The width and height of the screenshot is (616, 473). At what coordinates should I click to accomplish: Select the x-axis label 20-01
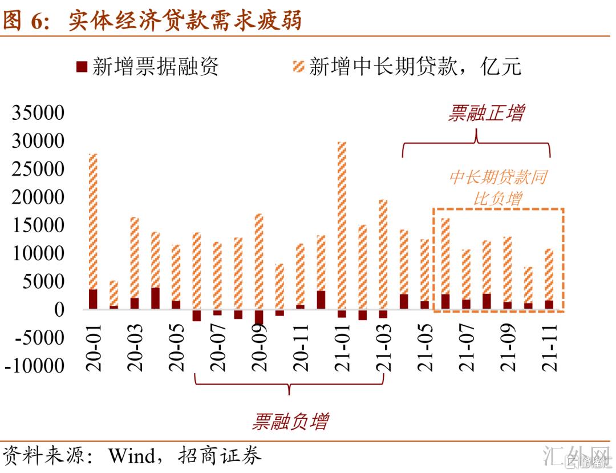(94, 348)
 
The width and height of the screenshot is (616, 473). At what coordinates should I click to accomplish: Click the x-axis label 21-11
(550, 348)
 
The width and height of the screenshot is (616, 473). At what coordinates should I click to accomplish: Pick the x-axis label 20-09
(260, 348)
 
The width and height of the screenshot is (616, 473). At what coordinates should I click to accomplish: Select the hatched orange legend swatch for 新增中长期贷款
(298, 66)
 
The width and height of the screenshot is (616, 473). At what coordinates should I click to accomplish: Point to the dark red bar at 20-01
(94, 299)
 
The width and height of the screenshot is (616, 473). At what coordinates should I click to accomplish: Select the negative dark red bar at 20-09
(260, 316)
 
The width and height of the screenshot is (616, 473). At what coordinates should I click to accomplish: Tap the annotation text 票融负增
(290, 422)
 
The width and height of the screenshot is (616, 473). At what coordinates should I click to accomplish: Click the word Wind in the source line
(131, 456)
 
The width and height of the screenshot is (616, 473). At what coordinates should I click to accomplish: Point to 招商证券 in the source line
(220, 456)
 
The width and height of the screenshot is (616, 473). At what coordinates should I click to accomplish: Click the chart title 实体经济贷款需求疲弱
(185, 21)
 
